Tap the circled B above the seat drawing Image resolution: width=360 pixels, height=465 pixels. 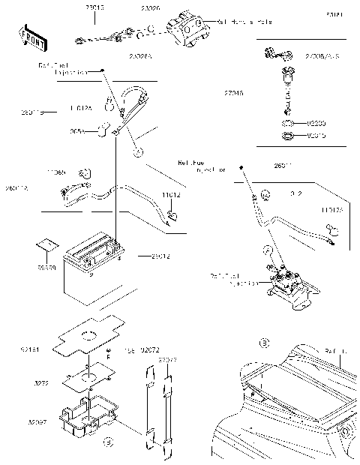[263, 343]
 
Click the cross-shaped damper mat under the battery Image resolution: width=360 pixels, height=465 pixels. [88, 335]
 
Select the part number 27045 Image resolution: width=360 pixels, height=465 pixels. [233, 94]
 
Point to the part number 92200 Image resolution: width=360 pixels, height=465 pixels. [318, 122]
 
